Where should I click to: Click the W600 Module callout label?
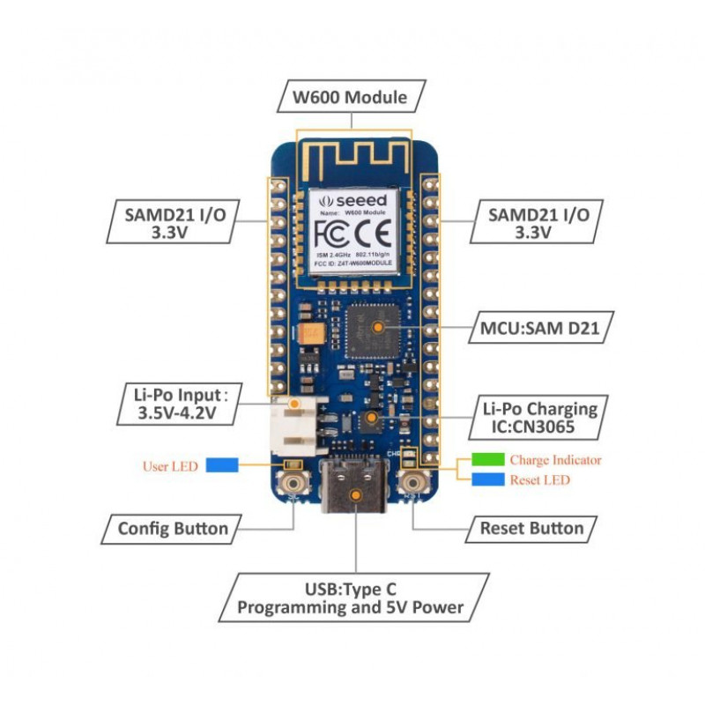click(x=352, y=97)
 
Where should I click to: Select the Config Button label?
click(x=173, y=529)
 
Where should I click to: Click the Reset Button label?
click(x=531, y=528)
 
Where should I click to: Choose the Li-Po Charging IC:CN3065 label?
click(x=539, y=418)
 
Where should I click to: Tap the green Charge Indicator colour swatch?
click(x=487, y=460)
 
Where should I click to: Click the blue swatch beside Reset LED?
click(x=487, y=480)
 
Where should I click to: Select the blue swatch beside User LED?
click(x=223, y=465)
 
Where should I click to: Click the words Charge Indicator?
click(x=555, y=460)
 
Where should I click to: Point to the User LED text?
click(x=170, y=465)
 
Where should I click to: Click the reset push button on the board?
click(x=413, y=483)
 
